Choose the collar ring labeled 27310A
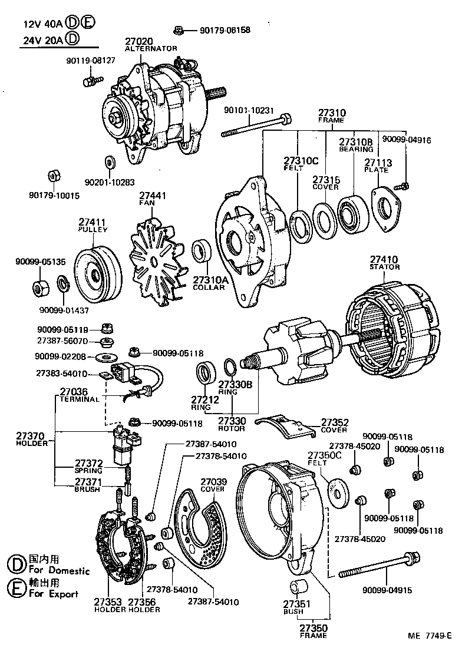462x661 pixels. (x=203, y=253)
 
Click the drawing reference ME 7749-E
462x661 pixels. (x=430, y=636)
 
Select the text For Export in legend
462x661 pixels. (x=54, y=594)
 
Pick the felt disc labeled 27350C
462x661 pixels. (x=337, y=493)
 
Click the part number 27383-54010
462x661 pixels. (x=62, y=374)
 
